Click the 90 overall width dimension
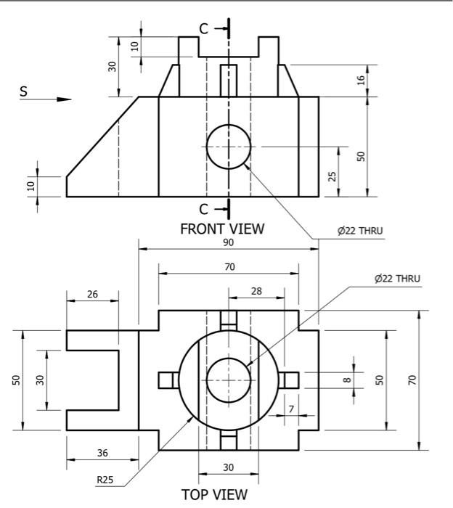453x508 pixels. click(x=229, y=242)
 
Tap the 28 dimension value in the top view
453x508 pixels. click(x=256, y=291)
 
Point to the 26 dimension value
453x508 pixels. click(x=91, y=294)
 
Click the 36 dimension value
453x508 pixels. click(x=102, y=452)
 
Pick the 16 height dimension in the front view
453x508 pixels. click(x=362, y=80)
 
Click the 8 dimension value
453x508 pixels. click(x=347, y=378)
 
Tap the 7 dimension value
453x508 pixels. click(x=290, y=409)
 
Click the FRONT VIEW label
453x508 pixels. click(x=222, y=229)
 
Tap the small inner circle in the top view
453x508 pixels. click(x=229, y=380)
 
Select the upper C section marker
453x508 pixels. click(x=204, y=29)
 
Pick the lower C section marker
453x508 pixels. click(x=204, y=209)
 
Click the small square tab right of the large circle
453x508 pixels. click(x=290, y=380)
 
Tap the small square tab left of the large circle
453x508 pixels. click(x=167, y=380)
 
